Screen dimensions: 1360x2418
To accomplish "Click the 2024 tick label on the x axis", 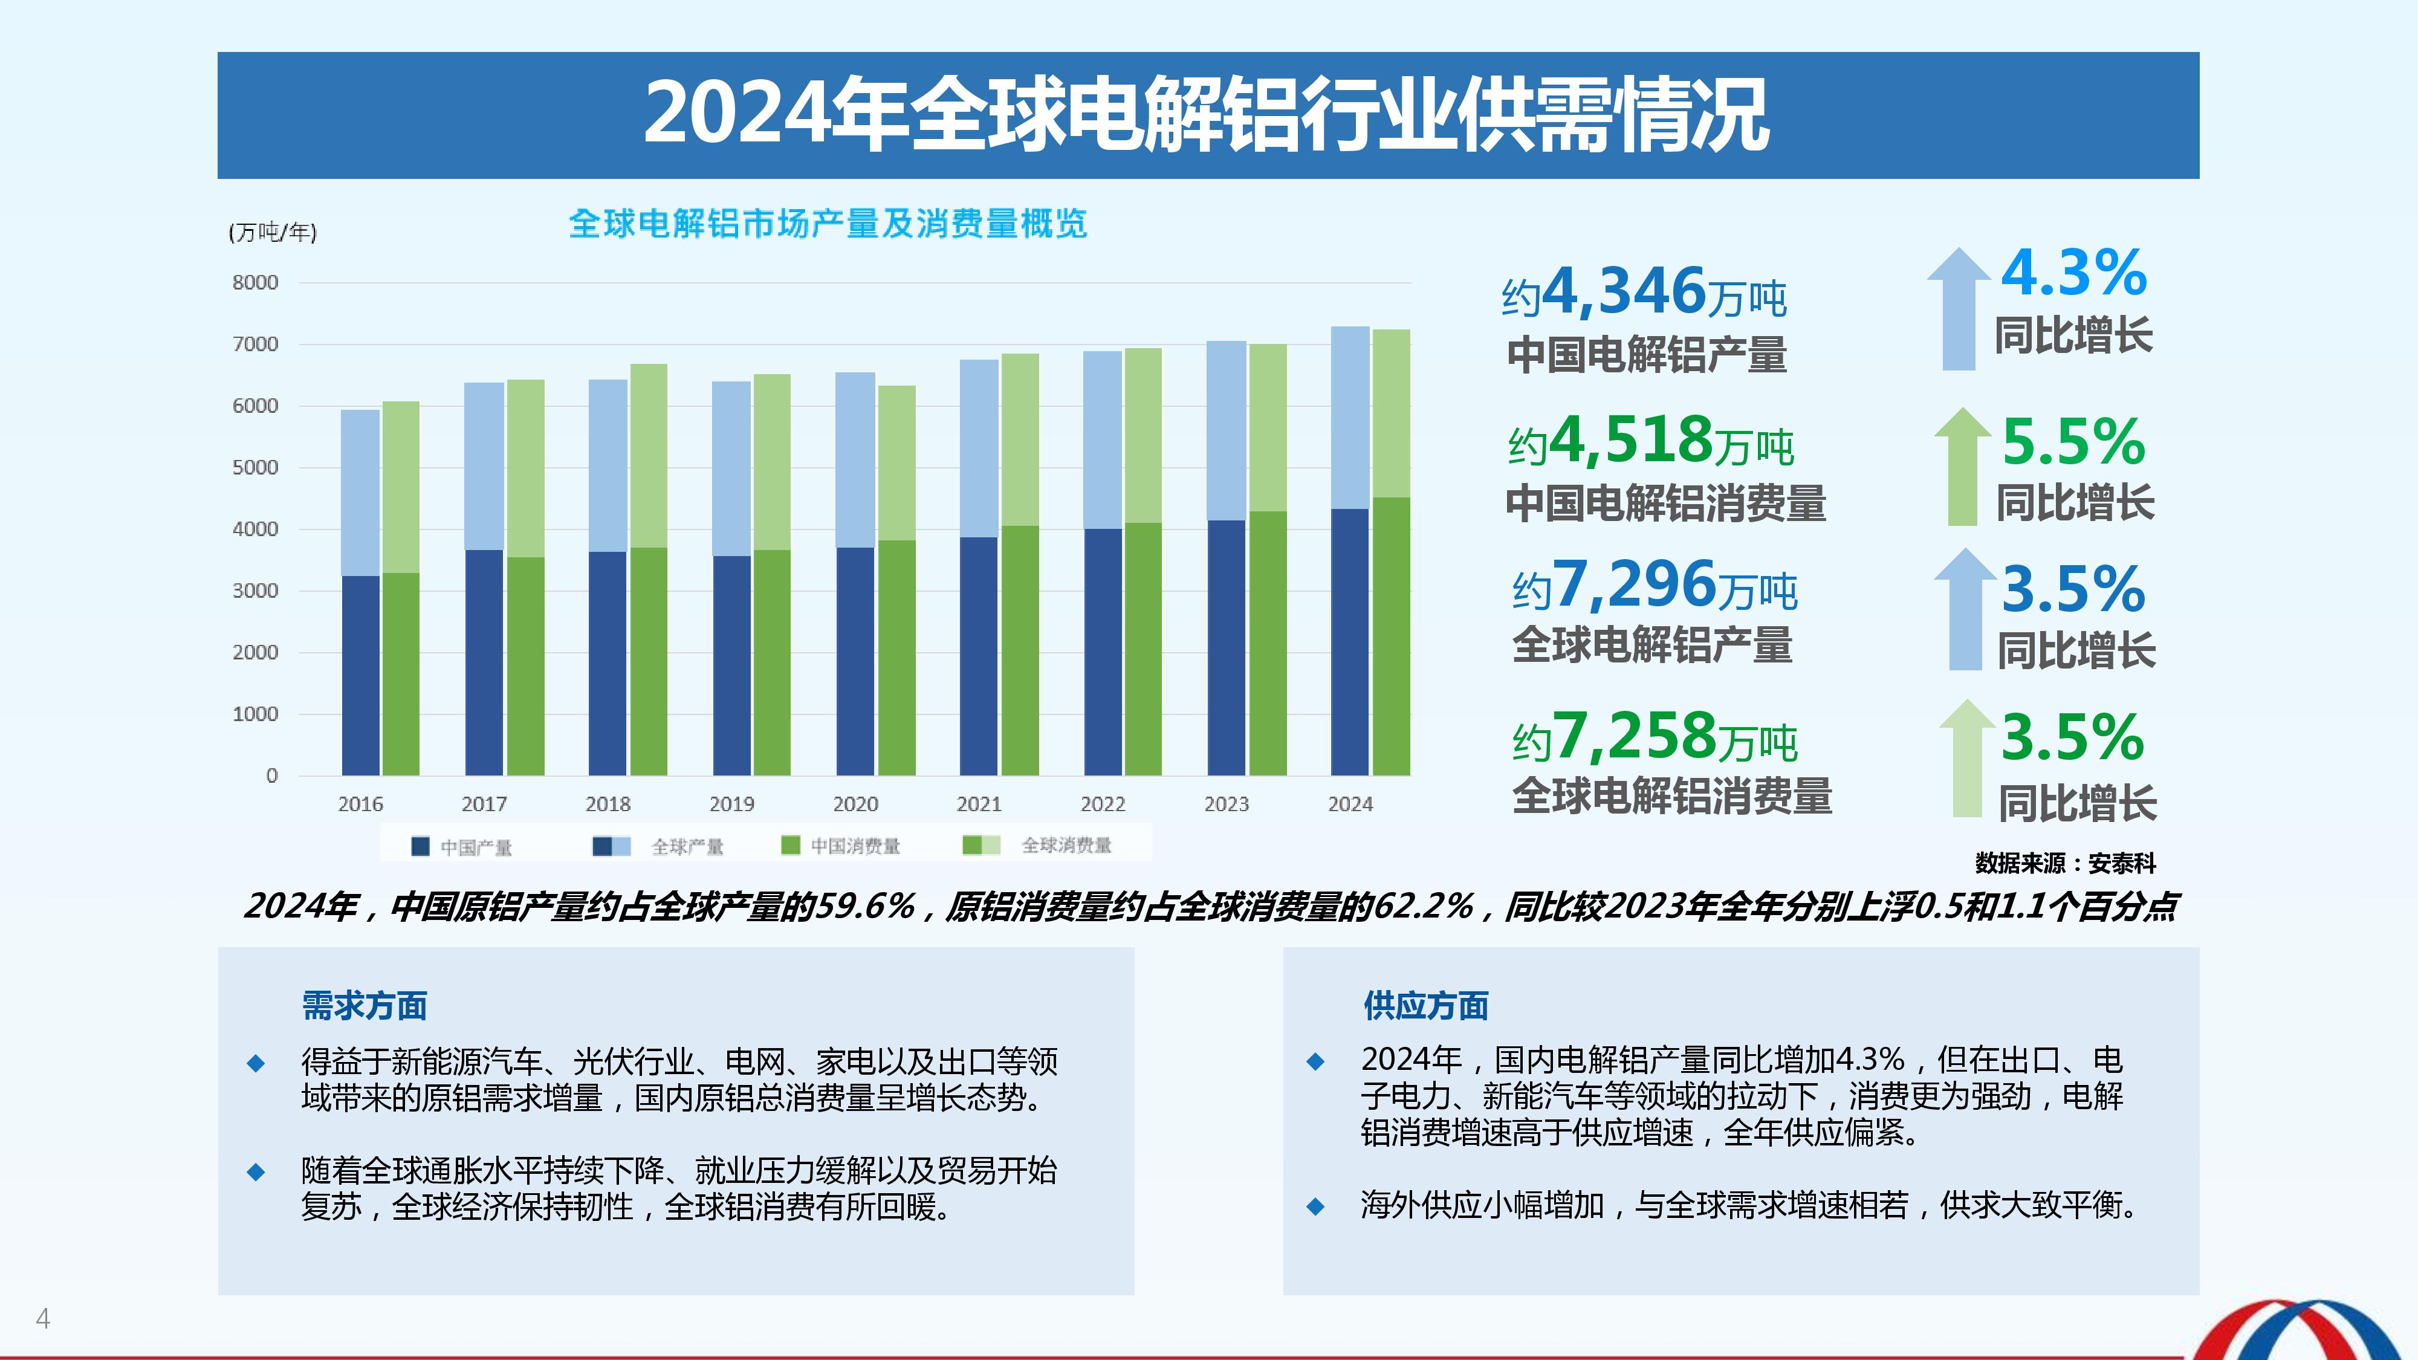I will coord(1350,805).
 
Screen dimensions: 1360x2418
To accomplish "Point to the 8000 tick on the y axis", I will coord(255,282).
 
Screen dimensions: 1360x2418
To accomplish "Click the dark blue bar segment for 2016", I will coord(360,676).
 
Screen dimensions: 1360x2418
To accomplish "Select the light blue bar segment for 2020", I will coord(855,460).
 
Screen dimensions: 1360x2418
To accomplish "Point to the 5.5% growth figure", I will coord(2073,441).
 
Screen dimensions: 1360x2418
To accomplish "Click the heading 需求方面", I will coord(364,1006).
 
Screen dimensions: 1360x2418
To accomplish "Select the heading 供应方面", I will coord(1426,1006).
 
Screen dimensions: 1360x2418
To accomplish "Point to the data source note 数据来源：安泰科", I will coord(2065,864).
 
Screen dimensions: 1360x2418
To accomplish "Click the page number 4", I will coord(43,1319).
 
